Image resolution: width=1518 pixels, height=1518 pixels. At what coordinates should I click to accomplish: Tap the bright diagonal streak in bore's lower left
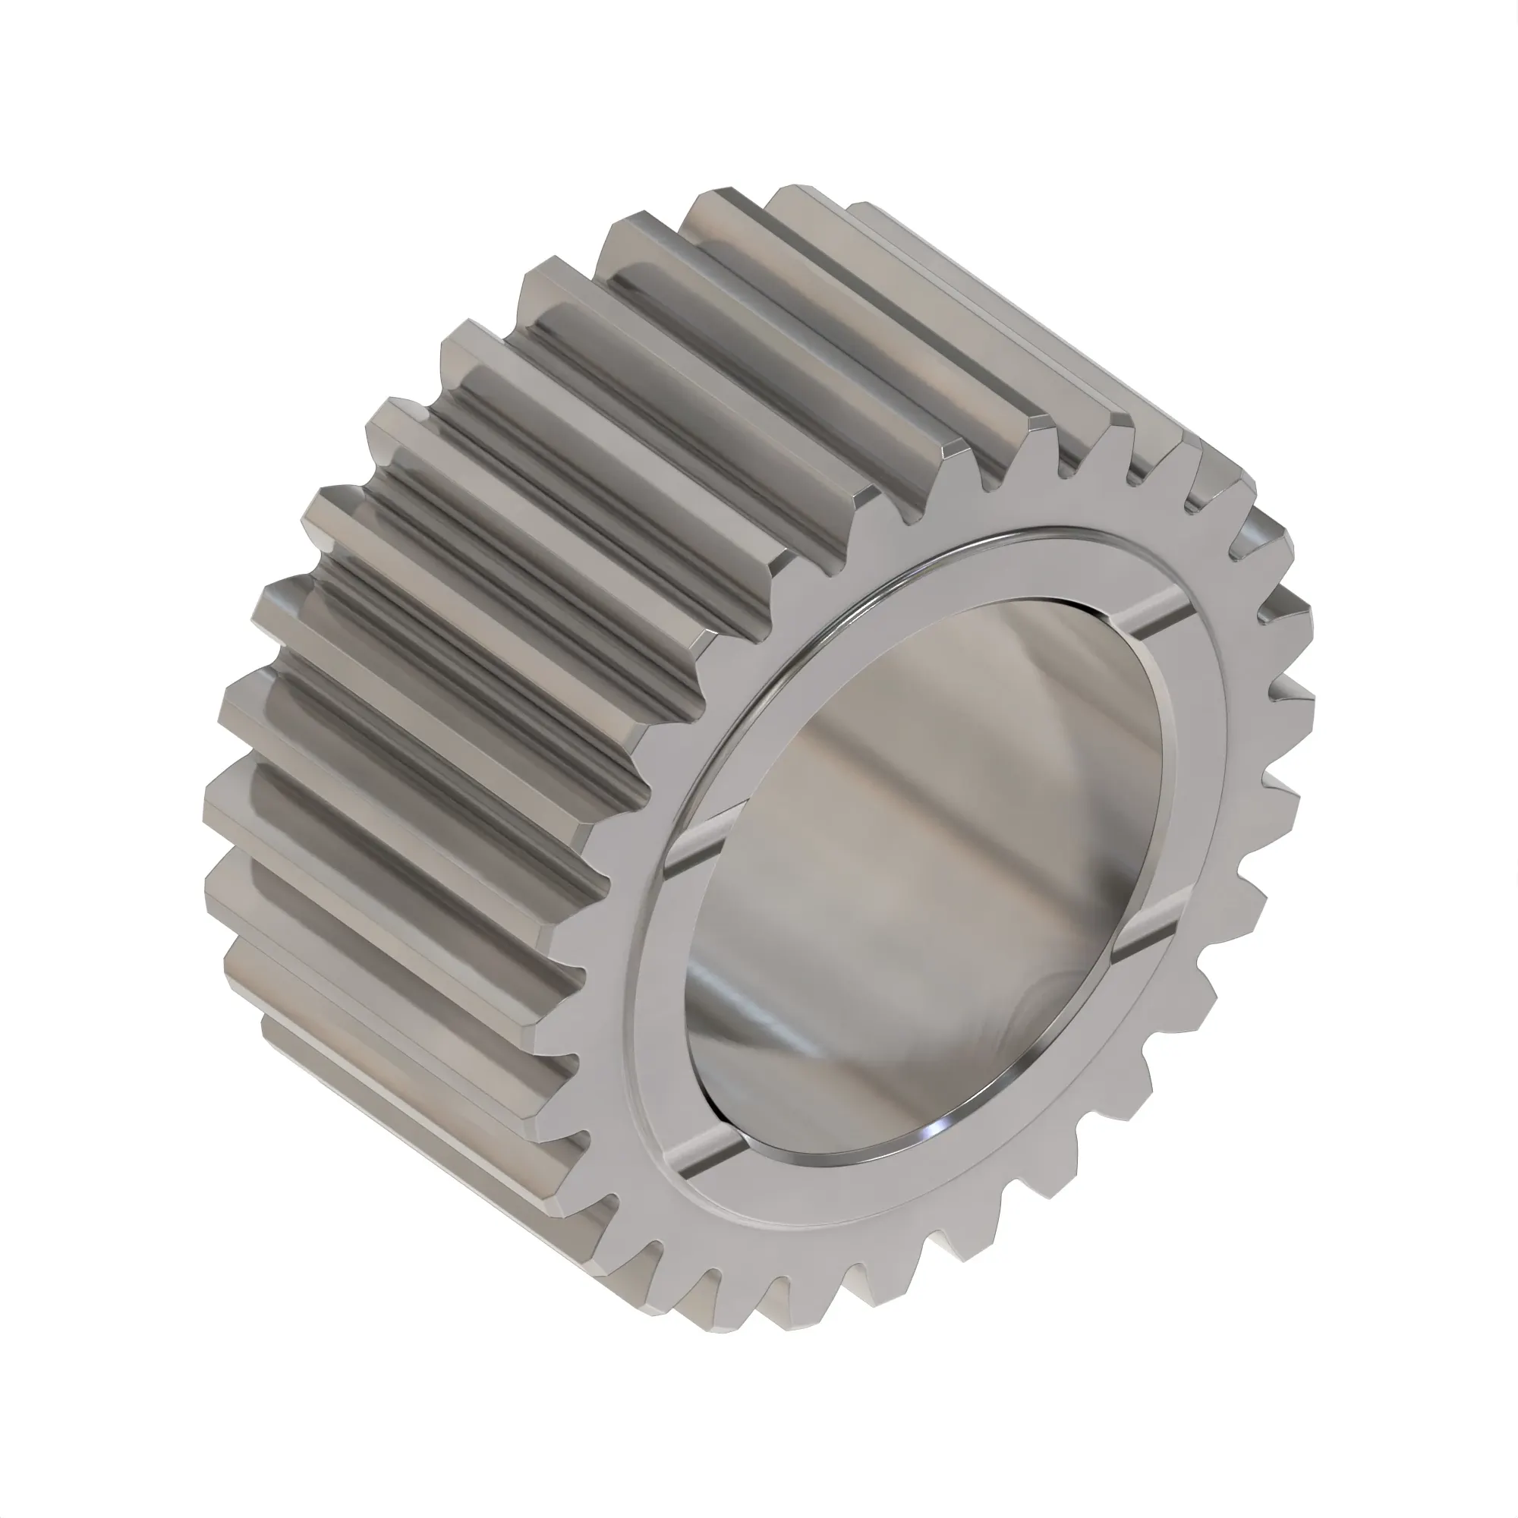pos(754,1013)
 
